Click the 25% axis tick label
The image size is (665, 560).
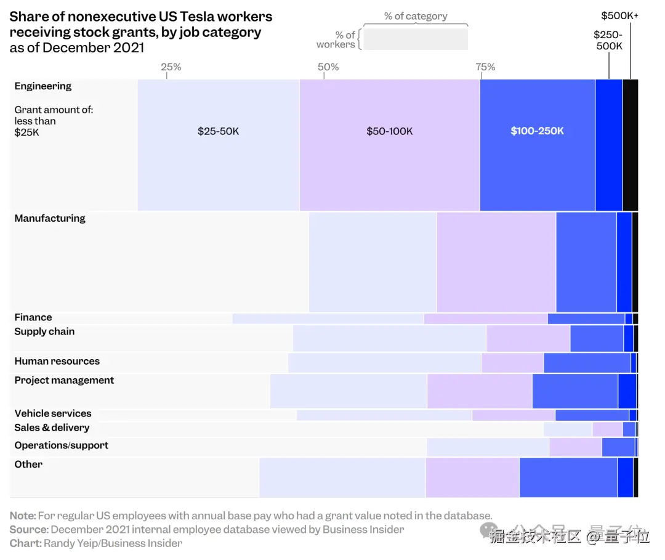pos(171,67)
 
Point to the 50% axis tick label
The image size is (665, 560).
pos(328,67)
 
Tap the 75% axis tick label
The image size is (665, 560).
pos(485,67)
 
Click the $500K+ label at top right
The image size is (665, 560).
pos(619,15)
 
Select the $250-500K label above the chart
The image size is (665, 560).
pos(608,40)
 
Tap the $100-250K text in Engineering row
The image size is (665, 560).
pos(537,131)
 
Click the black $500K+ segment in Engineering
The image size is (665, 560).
pos(630,145)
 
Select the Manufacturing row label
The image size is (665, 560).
pos(50,218)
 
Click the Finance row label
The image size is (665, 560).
pos(33,317)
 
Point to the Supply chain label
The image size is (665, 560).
pos(44,331)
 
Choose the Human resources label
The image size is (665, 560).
pos(57,361)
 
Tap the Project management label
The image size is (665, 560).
pos(64,380)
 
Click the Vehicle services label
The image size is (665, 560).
pos(53,413)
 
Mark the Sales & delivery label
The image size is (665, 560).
pos(52,428)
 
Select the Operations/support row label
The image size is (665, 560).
pos(62,445)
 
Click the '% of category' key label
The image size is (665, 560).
pos(416,16)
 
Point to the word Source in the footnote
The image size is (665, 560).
pos(28,529)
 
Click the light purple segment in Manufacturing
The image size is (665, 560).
pos(496,262)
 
